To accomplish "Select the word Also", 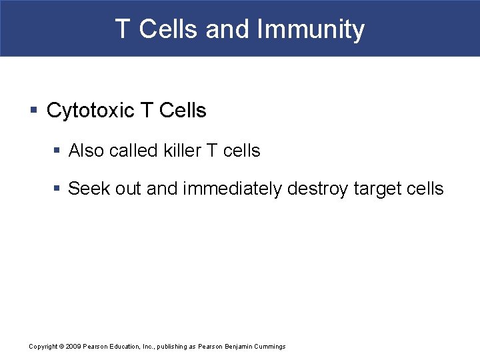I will tap(86, 151).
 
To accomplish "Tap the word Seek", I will tap(88, 189).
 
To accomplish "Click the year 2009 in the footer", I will tap(73, 347).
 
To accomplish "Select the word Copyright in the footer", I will tap(43, 347).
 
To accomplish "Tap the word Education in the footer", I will tap(124, 347).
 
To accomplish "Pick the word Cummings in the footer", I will tap(270, 347).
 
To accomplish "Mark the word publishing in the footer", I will tap(173, 347).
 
